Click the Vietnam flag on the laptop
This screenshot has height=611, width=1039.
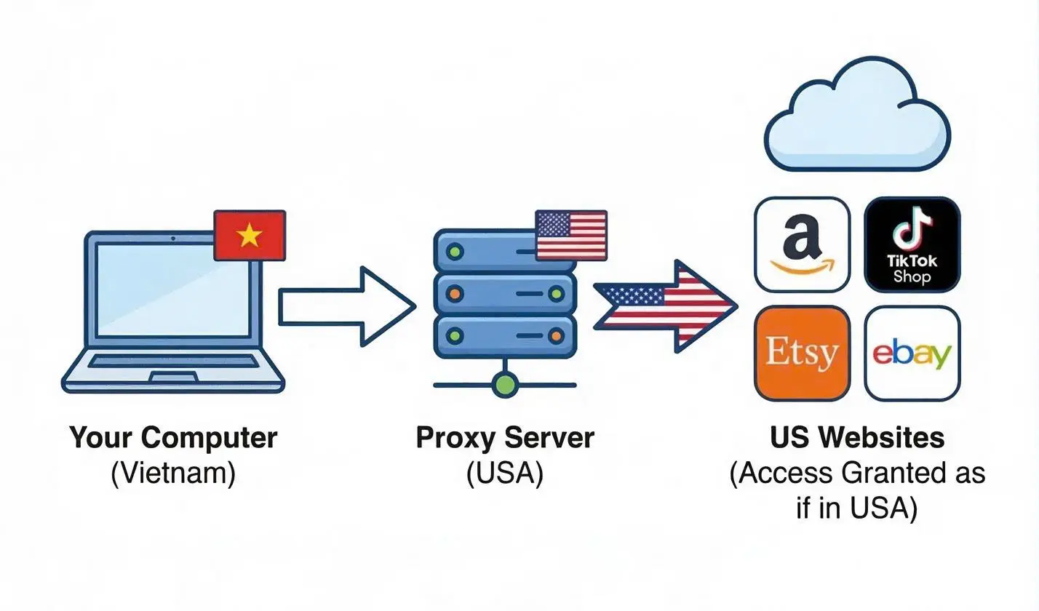(250, 235)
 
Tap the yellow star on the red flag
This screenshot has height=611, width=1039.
(250, 235)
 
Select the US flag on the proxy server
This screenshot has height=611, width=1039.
(571, 235)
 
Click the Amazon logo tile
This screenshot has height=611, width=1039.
(802, 244)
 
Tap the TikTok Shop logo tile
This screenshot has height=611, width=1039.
(912, 244)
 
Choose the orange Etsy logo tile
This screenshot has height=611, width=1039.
(802, 354)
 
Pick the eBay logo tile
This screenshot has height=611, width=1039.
(912, 354)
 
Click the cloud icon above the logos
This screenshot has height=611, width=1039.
(856, 114)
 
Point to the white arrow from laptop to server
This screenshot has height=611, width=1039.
(347, 306)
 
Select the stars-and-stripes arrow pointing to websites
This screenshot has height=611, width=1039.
(666, 306)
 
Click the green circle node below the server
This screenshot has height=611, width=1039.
(505, 384)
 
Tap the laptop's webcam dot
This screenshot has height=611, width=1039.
(173, 239)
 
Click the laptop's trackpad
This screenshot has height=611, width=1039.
(173, 378)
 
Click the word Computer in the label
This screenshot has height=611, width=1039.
(210, 438)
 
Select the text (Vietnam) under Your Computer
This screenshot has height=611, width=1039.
(173, 474)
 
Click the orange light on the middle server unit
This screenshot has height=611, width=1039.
(455, 293)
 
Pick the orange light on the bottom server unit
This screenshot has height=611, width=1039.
(556, 335)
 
